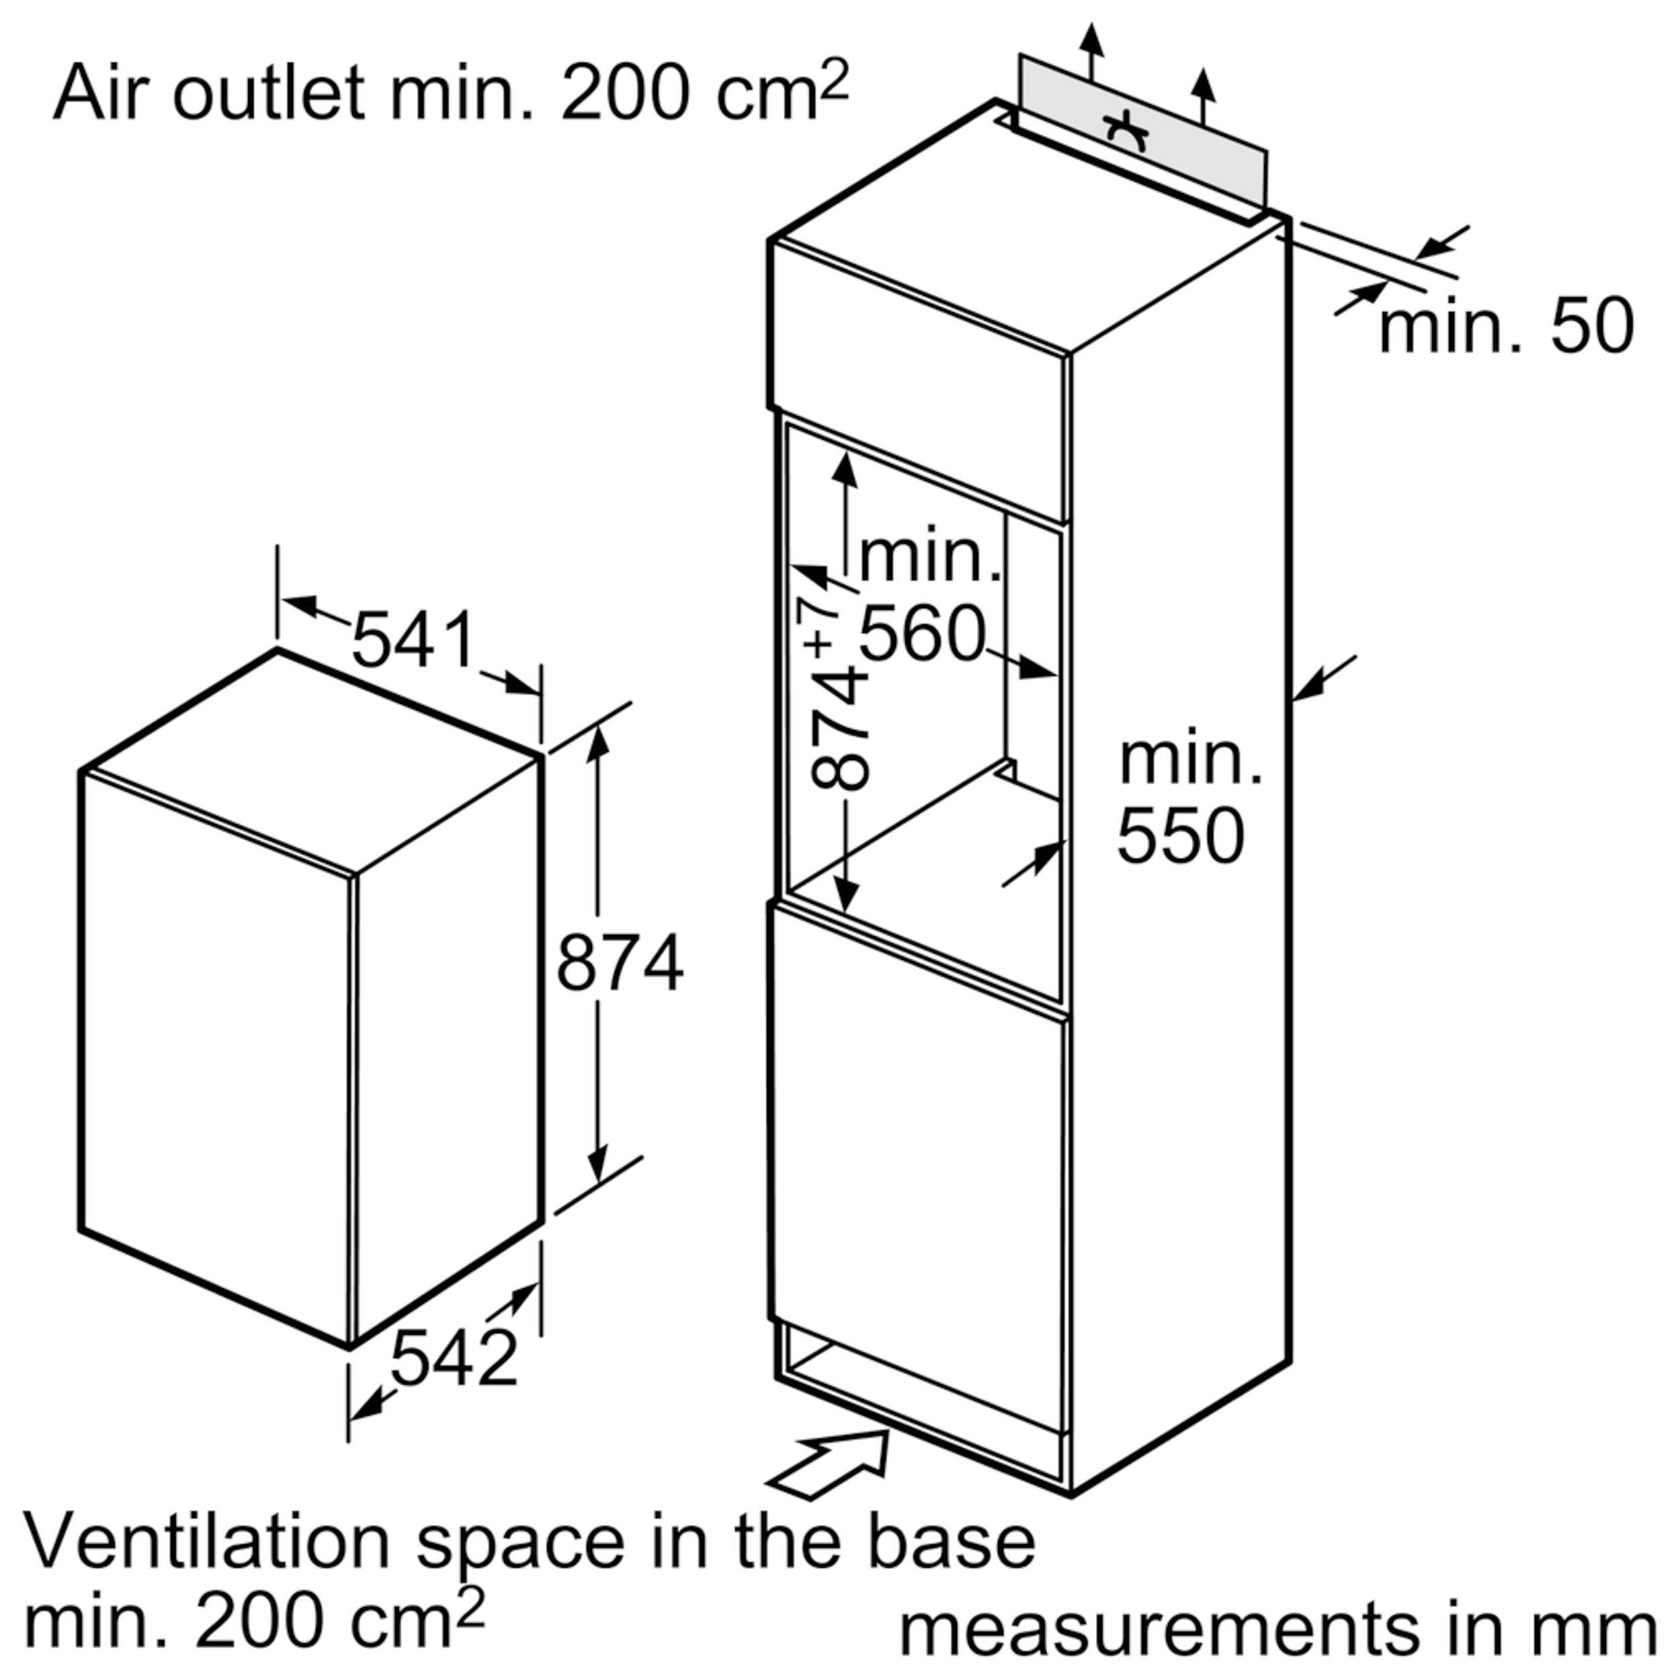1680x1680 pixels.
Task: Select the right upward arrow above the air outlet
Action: point(1203,95)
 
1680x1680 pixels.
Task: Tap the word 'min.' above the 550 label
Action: point(1189,758)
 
